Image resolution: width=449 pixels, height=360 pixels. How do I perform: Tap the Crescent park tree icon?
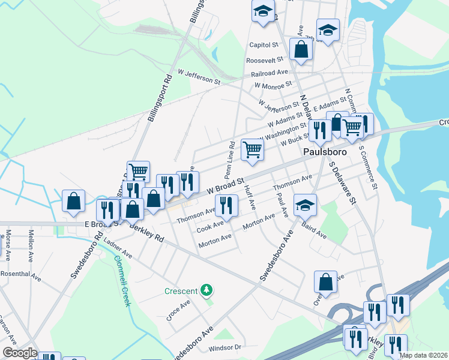[x=207, y=291]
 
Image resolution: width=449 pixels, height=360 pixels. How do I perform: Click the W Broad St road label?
[x=226, y=184]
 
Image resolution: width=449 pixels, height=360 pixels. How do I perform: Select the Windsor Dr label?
[x=224, y=347]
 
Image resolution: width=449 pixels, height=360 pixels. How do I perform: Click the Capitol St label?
[x=264, y=45]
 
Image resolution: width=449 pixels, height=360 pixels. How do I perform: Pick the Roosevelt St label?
[x=265, y=60]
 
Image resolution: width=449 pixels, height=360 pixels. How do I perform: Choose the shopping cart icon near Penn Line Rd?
[x=253, y=150]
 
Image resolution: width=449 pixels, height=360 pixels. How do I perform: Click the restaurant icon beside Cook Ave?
[x=226, y=205]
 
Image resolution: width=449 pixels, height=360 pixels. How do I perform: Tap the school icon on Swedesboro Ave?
[x=305, y=205]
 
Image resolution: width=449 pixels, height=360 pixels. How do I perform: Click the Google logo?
[x=19, y=353]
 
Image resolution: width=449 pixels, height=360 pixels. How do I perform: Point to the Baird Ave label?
[x=315, y=230]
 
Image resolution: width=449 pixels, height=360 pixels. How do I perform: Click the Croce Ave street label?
[x=178, y=310]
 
